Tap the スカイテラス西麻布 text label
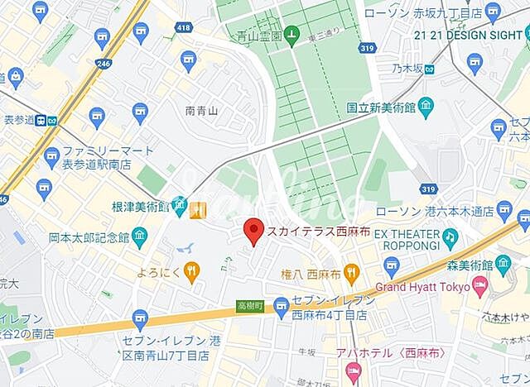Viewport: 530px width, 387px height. (309, 231)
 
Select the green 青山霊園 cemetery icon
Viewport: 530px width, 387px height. (291, 35)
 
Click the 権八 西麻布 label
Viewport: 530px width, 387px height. (312, 271)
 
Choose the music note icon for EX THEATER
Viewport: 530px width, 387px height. (449, 238)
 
